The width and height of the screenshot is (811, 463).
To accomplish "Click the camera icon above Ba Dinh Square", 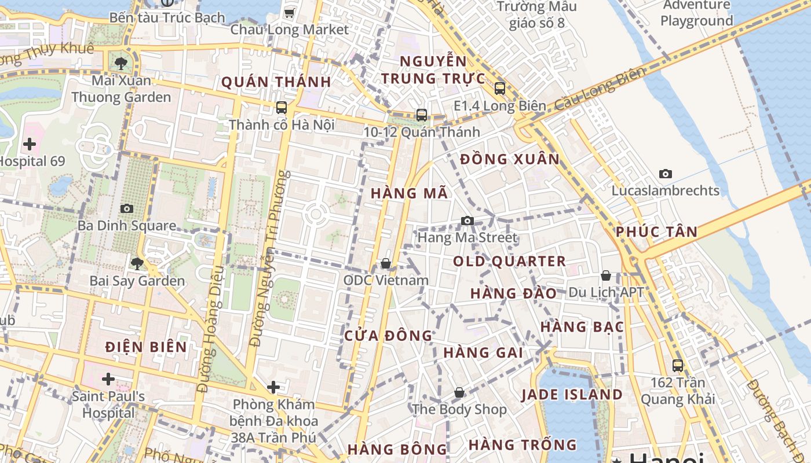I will [127, 208].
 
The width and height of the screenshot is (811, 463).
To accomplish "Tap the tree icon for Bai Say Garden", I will [137, 264].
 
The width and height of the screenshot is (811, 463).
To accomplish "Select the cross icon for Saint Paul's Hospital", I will [108, 379].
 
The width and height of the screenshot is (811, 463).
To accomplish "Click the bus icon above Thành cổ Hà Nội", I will [282, 107].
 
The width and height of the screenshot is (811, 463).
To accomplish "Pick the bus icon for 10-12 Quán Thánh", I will [422, 115].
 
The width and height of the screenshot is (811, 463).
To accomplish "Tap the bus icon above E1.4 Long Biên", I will [500, 89].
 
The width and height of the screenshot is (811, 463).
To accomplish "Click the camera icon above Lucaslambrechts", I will [666, 174].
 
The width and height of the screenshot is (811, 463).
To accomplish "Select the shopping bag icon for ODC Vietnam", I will [386, 263].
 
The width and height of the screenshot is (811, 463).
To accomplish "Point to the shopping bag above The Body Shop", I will [459, 392].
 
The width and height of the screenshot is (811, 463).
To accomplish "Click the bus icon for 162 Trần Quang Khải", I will [678, 365].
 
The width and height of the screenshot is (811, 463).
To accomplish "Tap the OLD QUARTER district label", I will [509, 261].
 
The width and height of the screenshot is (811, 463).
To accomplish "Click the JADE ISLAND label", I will [572, 395].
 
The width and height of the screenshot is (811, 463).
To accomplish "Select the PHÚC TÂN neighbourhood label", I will [656, 231].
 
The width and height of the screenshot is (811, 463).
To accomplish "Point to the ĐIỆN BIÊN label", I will [147, 347].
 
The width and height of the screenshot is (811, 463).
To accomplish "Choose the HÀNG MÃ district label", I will [410, 193].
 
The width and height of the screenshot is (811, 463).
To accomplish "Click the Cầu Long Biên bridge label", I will [600, 89].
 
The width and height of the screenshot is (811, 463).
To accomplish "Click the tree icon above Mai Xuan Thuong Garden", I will [121, 63].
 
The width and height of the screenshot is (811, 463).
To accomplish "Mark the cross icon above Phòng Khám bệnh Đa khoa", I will [273, 387].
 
